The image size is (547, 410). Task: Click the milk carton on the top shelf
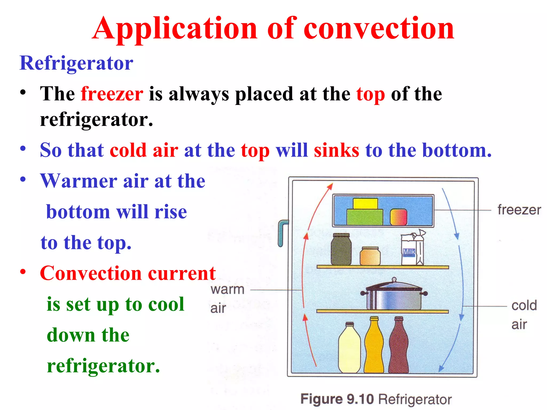[412, 250]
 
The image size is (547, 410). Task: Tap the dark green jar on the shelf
[341, 250]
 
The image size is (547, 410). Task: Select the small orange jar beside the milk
[370, 256]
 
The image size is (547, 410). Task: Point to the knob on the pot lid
[394, 280]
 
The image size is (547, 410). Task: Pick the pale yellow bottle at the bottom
[349, 350]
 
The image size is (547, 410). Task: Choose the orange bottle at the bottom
[374, 347]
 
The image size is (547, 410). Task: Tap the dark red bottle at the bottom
[399, 347]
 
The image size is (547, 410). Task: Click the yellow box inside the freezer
[365, 204]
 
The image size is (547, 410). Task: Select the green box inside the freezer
[365, 217]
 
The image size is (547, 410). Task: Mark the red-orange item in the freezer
[398, 217]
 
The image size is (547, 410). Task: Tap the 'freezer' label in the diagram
[519, 210]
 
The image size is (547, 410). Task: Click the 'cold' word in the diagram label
[524, 306]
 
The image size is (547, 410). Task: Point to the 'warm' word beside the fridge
[227, 290]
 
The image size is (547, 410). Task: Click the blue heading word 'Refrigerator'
[76, 63]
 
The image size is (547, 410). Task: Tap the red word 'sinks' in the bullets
[336, 150]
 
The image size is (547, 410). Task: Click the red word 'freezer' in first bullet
[112, 94]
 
